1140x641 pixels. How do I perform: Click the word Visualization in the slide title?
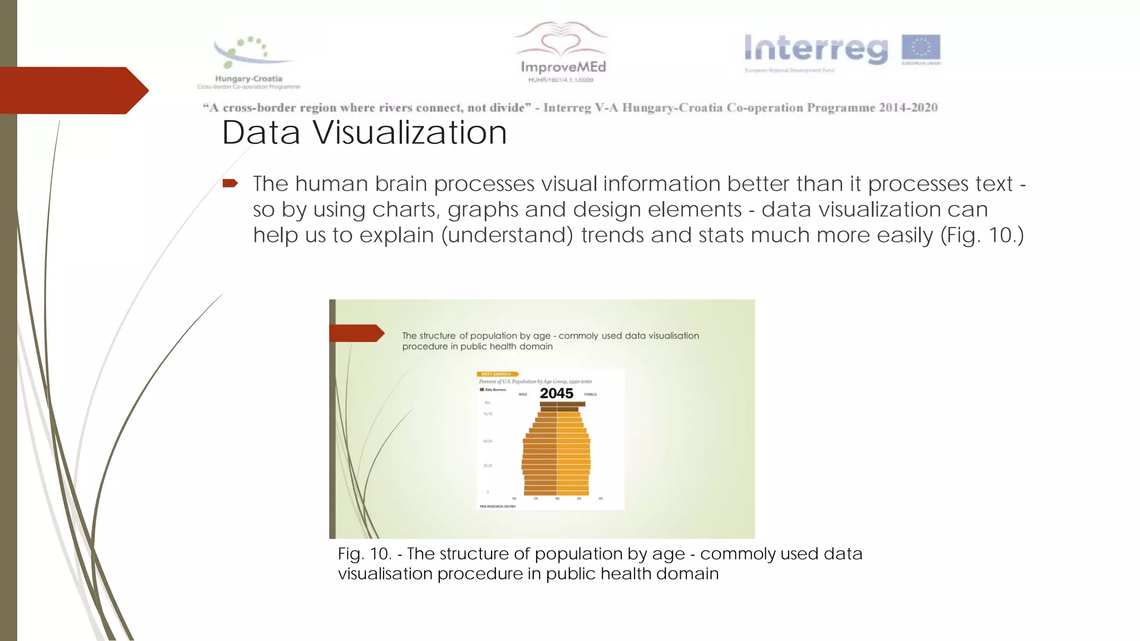click(x=409, y=133)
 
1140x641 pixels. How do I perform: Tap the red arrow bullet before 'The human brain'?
click(x=230, y=183)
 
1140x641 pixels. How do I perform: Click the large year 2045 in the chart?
click(x=556, y=393)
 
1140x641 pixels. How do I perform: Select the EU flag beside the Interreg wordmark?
click(x=921, y=48)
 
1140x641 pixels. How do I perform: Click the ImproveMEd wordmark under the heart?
click(x=563, y=67)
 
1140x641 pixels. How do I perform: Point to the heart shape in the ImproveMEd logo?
click(x=561, y=42)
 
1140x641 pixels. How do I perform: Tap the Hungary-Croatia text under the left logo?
click(x=249, y=78)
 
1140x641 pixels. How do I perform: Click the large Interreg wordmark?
click(x=816, y=49)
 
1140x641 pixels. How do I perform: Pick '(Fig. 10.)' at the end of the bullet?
click(x=982, y=235)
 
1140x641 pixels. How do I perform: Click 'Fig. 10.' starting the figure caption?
click(x=365, y=554)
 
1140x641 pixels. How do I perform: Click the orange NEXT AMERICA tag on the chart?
click(x=497, y=374)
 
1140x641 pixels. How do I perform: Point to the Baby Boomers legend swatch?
click(x=482, y=389)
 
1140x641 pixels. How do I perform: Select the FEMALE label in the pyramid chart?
click(x=591, y=395)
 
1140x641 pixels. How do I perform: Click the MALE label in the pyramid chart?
click(x=523, y=395)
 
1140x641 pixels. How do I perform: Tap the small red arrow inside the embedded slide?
click(x=356, y=333)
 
